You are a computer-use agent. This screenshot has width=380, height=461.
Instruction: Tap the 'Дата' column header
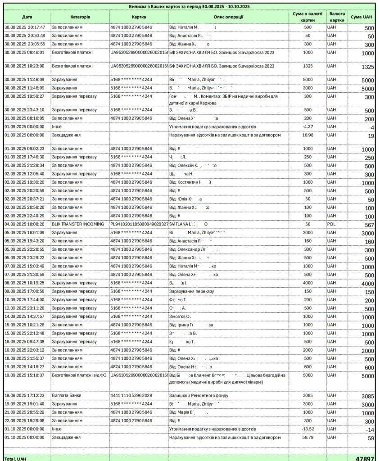(27, 17)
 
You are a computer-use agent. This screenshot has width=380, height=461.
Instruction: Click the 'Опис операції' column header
(229, 17)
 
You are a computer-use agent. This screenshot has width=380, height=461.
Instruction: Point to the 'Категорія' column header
(80, 17)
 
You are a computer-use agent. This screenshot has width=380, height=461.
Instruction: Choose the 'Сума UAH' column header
(362, 17)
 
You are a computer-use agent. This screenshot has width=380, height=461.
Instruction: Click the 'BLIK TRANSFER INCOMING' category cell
(78, 224)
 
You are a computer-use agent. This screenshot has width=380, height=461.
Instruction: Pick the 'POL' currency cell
(332, 224)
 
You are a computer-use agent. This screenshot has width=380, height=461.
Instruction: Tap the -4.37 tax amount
(308, 126)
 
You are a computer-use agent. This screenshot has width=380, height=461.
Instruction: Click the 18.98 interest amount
(308, 135)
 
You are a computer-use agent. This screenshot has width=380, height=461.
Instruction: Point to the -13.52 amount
(308, 429)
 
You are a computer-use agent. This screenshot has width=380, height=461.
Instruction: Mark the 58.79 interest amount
(308, 437)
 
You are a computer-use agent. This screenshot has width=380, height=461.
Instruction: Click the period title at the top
(190, 7)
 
